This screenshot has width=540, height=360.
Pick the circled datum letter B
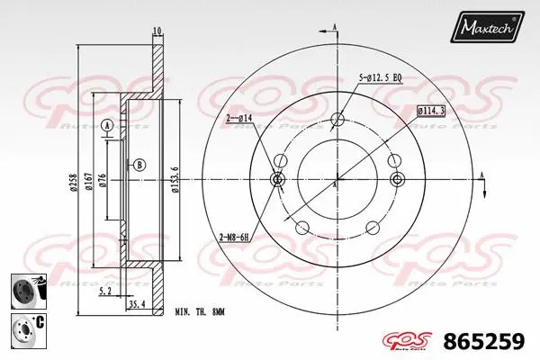click(x=139, y=165)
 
